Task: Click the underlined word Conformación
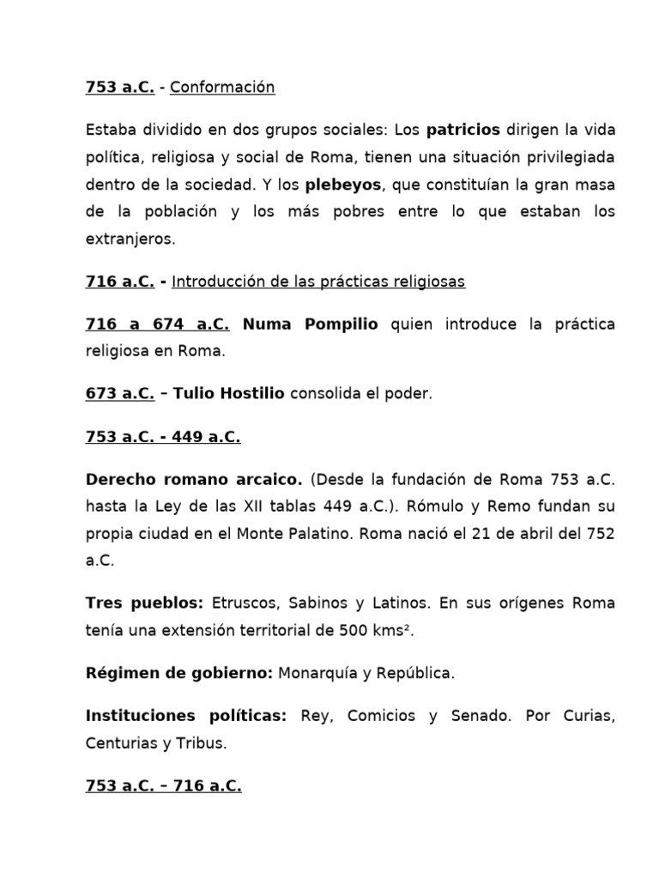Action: pyautogui.click(x=222, y=88)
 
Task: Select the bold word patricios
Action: pyautogui.click(x=463, y=130)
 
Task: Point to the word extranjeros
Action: pyautogui.click(x=130, y=239)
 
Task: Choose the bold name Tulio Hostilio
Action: pyautogui.click(x=228, y=394)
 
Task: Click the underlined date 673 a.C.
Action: pyautogui.click(x=120, y=394)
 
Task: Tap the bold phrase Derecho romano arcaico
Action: pyautogui.click(x=194, y=479)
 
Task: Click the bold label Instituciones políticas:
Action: pyautogui.click(x=186, y=716)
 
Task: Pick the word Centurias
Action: pyautogui.click(x=120, y=743)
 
